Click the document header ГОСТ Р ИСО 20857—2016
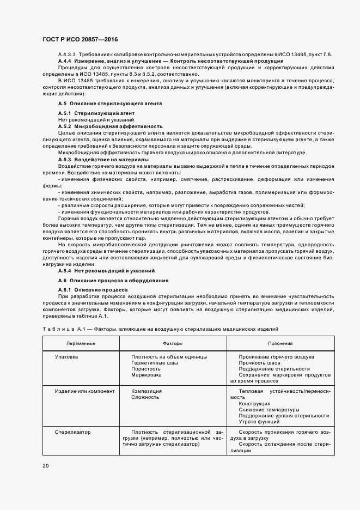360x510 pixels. [80, 40]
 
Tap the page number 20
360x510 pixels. [45, 466]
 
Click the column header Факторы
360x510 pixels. [173, 344]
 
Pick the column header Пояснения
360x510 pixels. [280, 344]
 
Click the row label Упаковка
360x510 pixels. [66, 357]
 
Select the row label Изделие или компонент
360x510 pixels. [84, 391]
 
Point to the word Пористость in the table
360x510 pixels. [145, 369]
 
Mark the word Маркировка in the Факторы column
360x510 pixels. [146, 375]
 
